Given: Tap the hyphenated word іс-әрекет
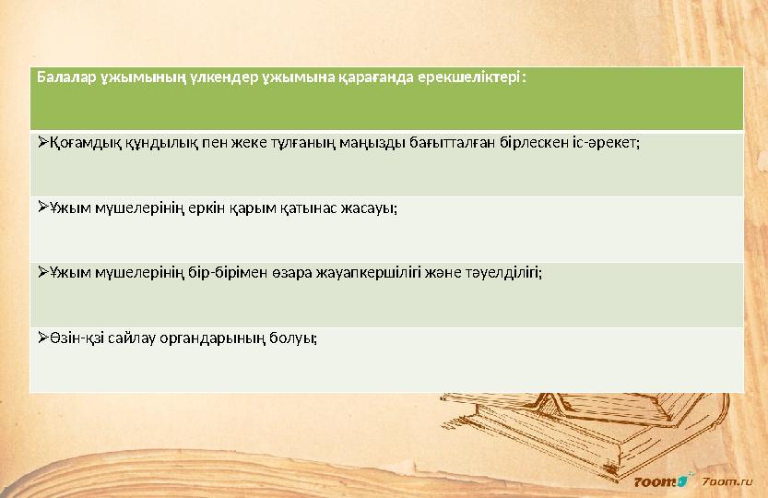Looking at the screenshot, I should click(605, 143).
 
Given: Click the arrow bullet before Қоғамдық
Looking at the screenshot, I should click(43, 143).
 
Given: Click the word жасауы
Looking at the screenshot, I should click(371, 208).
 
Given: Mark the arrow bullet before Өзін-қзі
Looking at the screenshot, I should click(43, 338).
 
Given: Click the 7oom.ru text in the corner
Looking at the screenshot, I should click(728, 480).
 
